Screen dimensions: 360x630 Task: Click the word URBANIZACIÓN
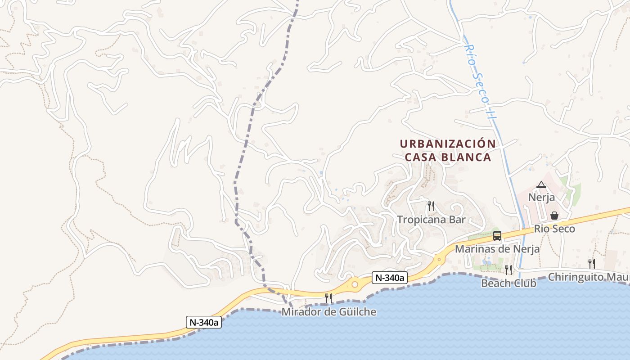(448, 144)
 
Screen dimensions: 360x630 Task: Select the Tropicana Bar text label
(431, 220)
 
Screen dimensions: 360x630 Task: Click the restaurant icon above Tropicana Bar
(431, 206)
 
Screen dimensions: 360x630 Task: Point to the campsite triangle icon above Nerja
(541, 184)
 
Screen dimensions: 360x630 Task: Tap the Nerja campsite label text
(541, 198)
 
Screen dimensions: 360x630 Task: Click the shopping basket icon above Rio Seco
(554, 216)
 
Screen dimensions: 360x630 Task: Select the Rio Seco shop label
(554, 229)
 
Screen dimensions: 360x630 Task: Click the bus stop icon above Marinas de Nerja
(497, 235)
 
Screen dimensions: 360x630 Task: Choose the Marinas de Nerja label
(497, 249)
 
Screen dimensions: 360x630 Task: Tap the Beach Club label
(508, 283)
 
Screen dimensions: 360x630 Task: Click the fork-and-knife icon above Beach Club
(508, 270)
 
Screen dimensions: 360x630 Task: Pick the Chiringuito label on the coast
(587, 277)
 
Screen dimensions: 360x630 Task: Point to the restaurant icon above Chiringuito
(591, 263)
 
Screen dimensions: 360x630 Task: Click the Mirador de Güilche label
(328, 312)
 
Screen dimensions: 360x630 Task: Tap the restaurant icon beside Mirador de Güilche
(328, 298)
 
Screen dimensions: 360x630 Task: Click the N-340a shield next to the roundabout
(390, 278)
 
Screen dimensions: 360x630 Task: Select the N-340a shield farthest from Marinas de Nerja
(204, 322)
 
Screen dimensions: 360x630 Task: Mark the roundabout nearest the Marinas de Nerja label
(439, 259)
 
